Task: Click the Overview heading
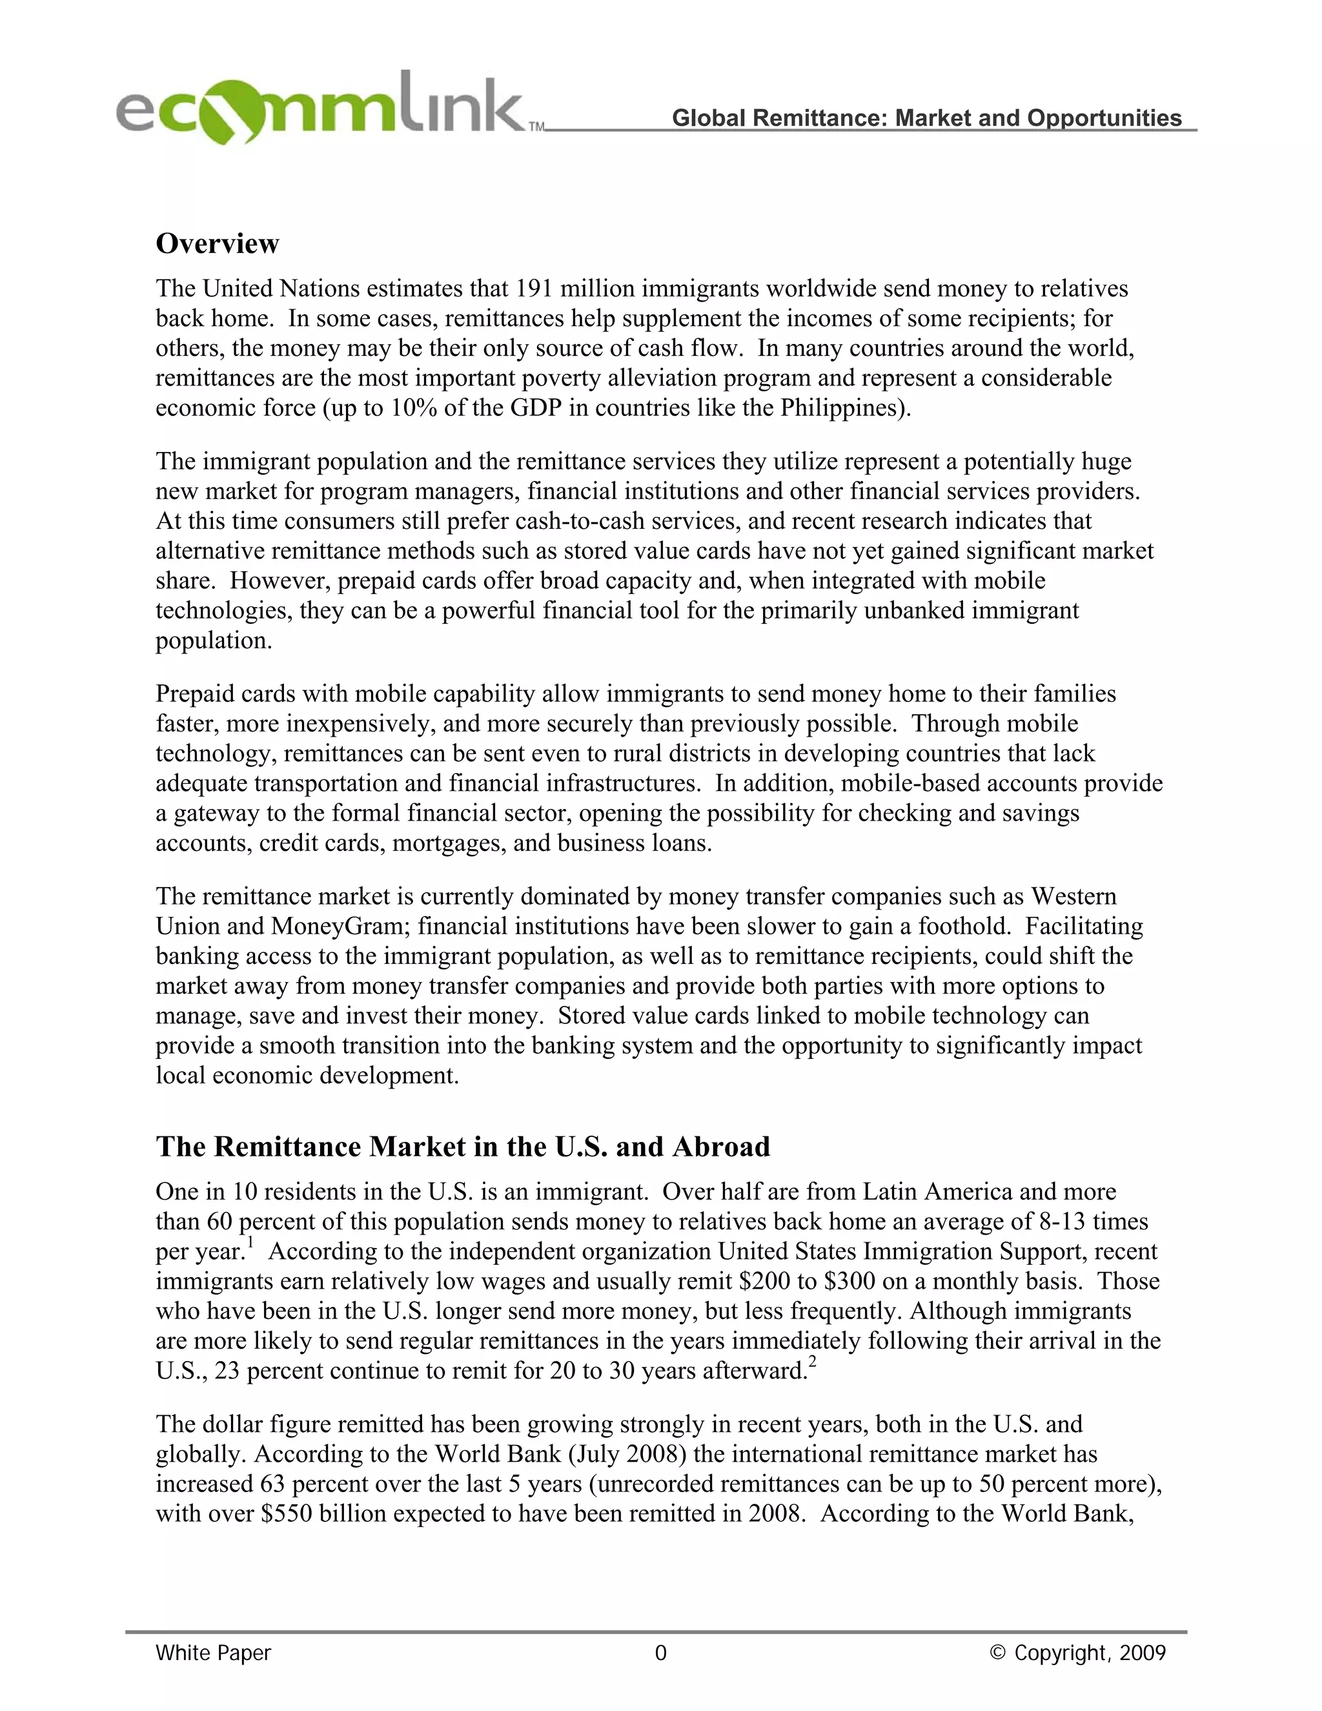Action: [217, 243]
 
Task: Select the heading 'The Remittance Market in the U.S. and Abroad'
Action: [462, 1146]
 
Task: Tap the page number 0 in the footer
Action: [660, 1653]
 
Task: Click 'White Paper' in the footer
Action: [213, 1653]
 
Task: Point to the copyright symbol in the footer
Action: [997, 1653]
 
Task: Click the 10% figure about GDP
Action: [414, 408]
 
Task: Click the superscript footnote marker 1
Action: [250, 1242]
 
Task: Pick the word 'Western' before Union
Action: [1073, 896]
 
